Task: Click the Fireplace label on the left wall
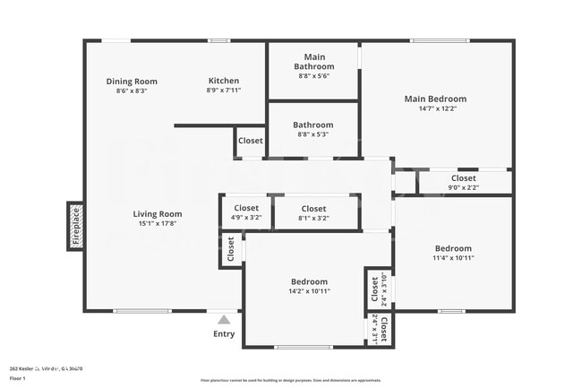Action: coord(76,226)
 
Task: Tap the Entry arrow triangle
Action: coord(224,319)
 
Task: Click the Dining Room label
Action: coord(138,82)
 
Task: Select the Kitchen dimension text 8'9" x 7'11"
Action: coord(223,91)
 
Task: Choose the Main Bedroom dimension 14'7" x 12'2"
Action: coord(435,108)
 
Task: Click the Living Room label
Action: coord(158,214)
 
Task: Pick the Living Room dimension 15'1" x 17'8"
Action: coord(158,224)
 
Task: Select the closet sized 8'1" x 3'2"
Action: coord(313,212)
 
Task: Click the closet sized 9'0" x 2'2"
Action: coord(464,183)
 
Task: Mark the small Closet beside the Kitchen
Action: coord(250,141)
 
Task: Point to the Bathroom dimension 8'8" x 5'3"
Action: coord(313,134)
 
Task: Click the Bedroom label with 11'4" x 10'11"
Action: coord(453,248)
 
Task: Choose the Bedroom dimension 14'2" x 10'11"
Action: coord(308,291)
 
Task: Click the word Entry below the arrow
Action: coord(224,334)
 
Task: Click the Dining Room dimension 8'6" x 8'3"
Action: coord(131,91)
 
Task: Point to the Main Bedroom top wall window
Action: coord(438,40)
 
